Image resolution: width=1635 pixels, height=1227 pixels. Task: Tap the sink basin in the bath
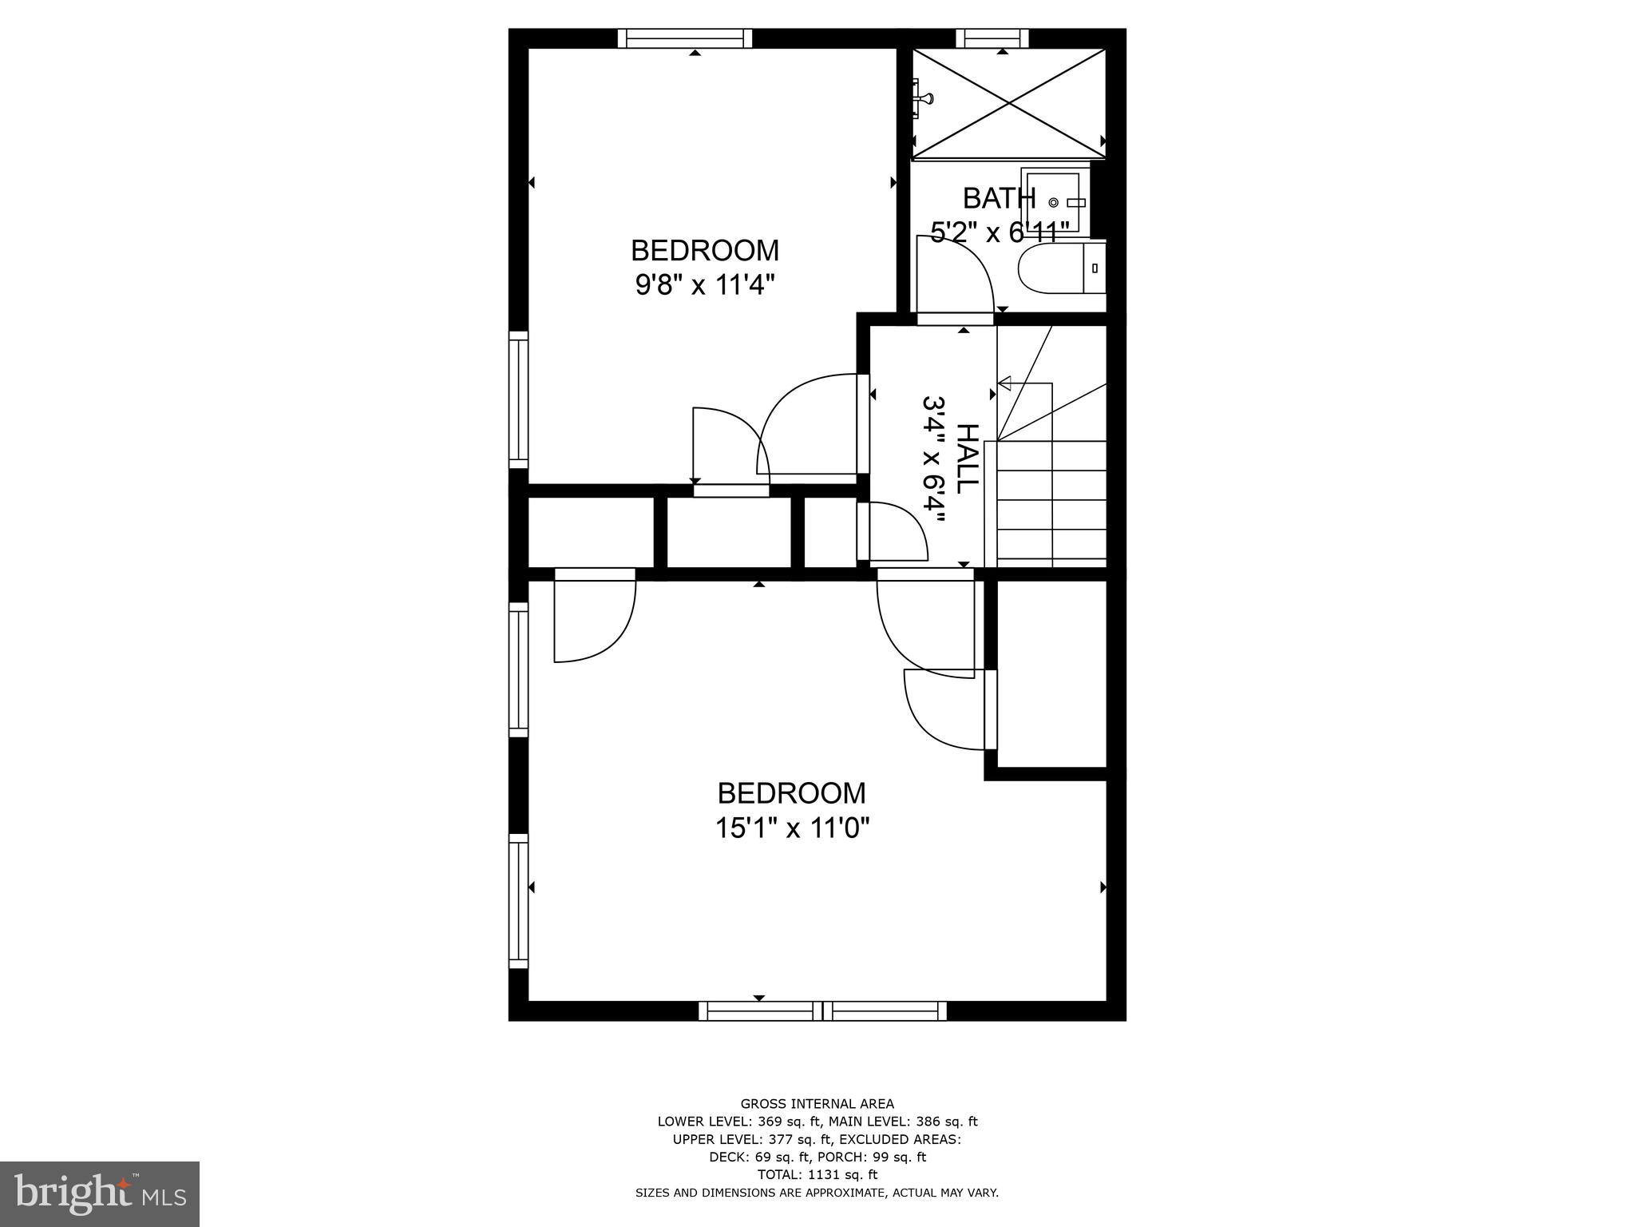point(1053,202)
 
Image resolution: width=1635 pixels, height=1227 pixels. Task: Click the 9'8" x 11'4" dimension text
point(705,285)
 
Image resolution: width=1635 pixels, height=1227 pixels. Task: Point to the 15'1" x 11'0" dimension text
point(791,828)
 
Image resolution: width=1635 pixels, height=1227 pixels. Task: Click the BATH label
point(999,198)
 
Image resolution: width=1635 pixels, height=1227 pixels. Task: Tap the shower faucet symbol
point(924,97)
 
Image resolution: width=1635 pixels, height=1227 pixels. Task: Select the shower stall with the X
point(1010,102)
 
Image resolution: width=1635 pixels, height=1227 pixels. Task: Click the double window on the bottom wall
point(822,1011)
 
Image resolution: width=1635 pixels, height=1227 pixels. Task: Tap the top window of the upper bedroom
point(685,38)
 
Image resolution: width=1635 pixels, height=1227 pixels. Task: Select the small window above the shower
point(992,38)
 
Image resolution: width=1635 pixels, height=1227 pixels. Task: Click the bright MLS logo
point(100,1193)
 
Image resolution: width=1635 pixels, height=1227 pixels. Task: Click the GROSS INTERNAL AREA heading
point(817,1104)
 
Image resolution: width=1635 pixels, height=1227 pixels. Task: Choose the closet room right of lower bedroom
point(1051,673)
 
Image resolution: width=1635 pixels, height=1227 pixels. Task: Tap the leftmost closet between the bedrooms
point(591,532)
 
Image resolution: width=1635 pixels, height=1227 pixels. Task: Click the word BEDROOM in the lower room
point(791,793)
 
